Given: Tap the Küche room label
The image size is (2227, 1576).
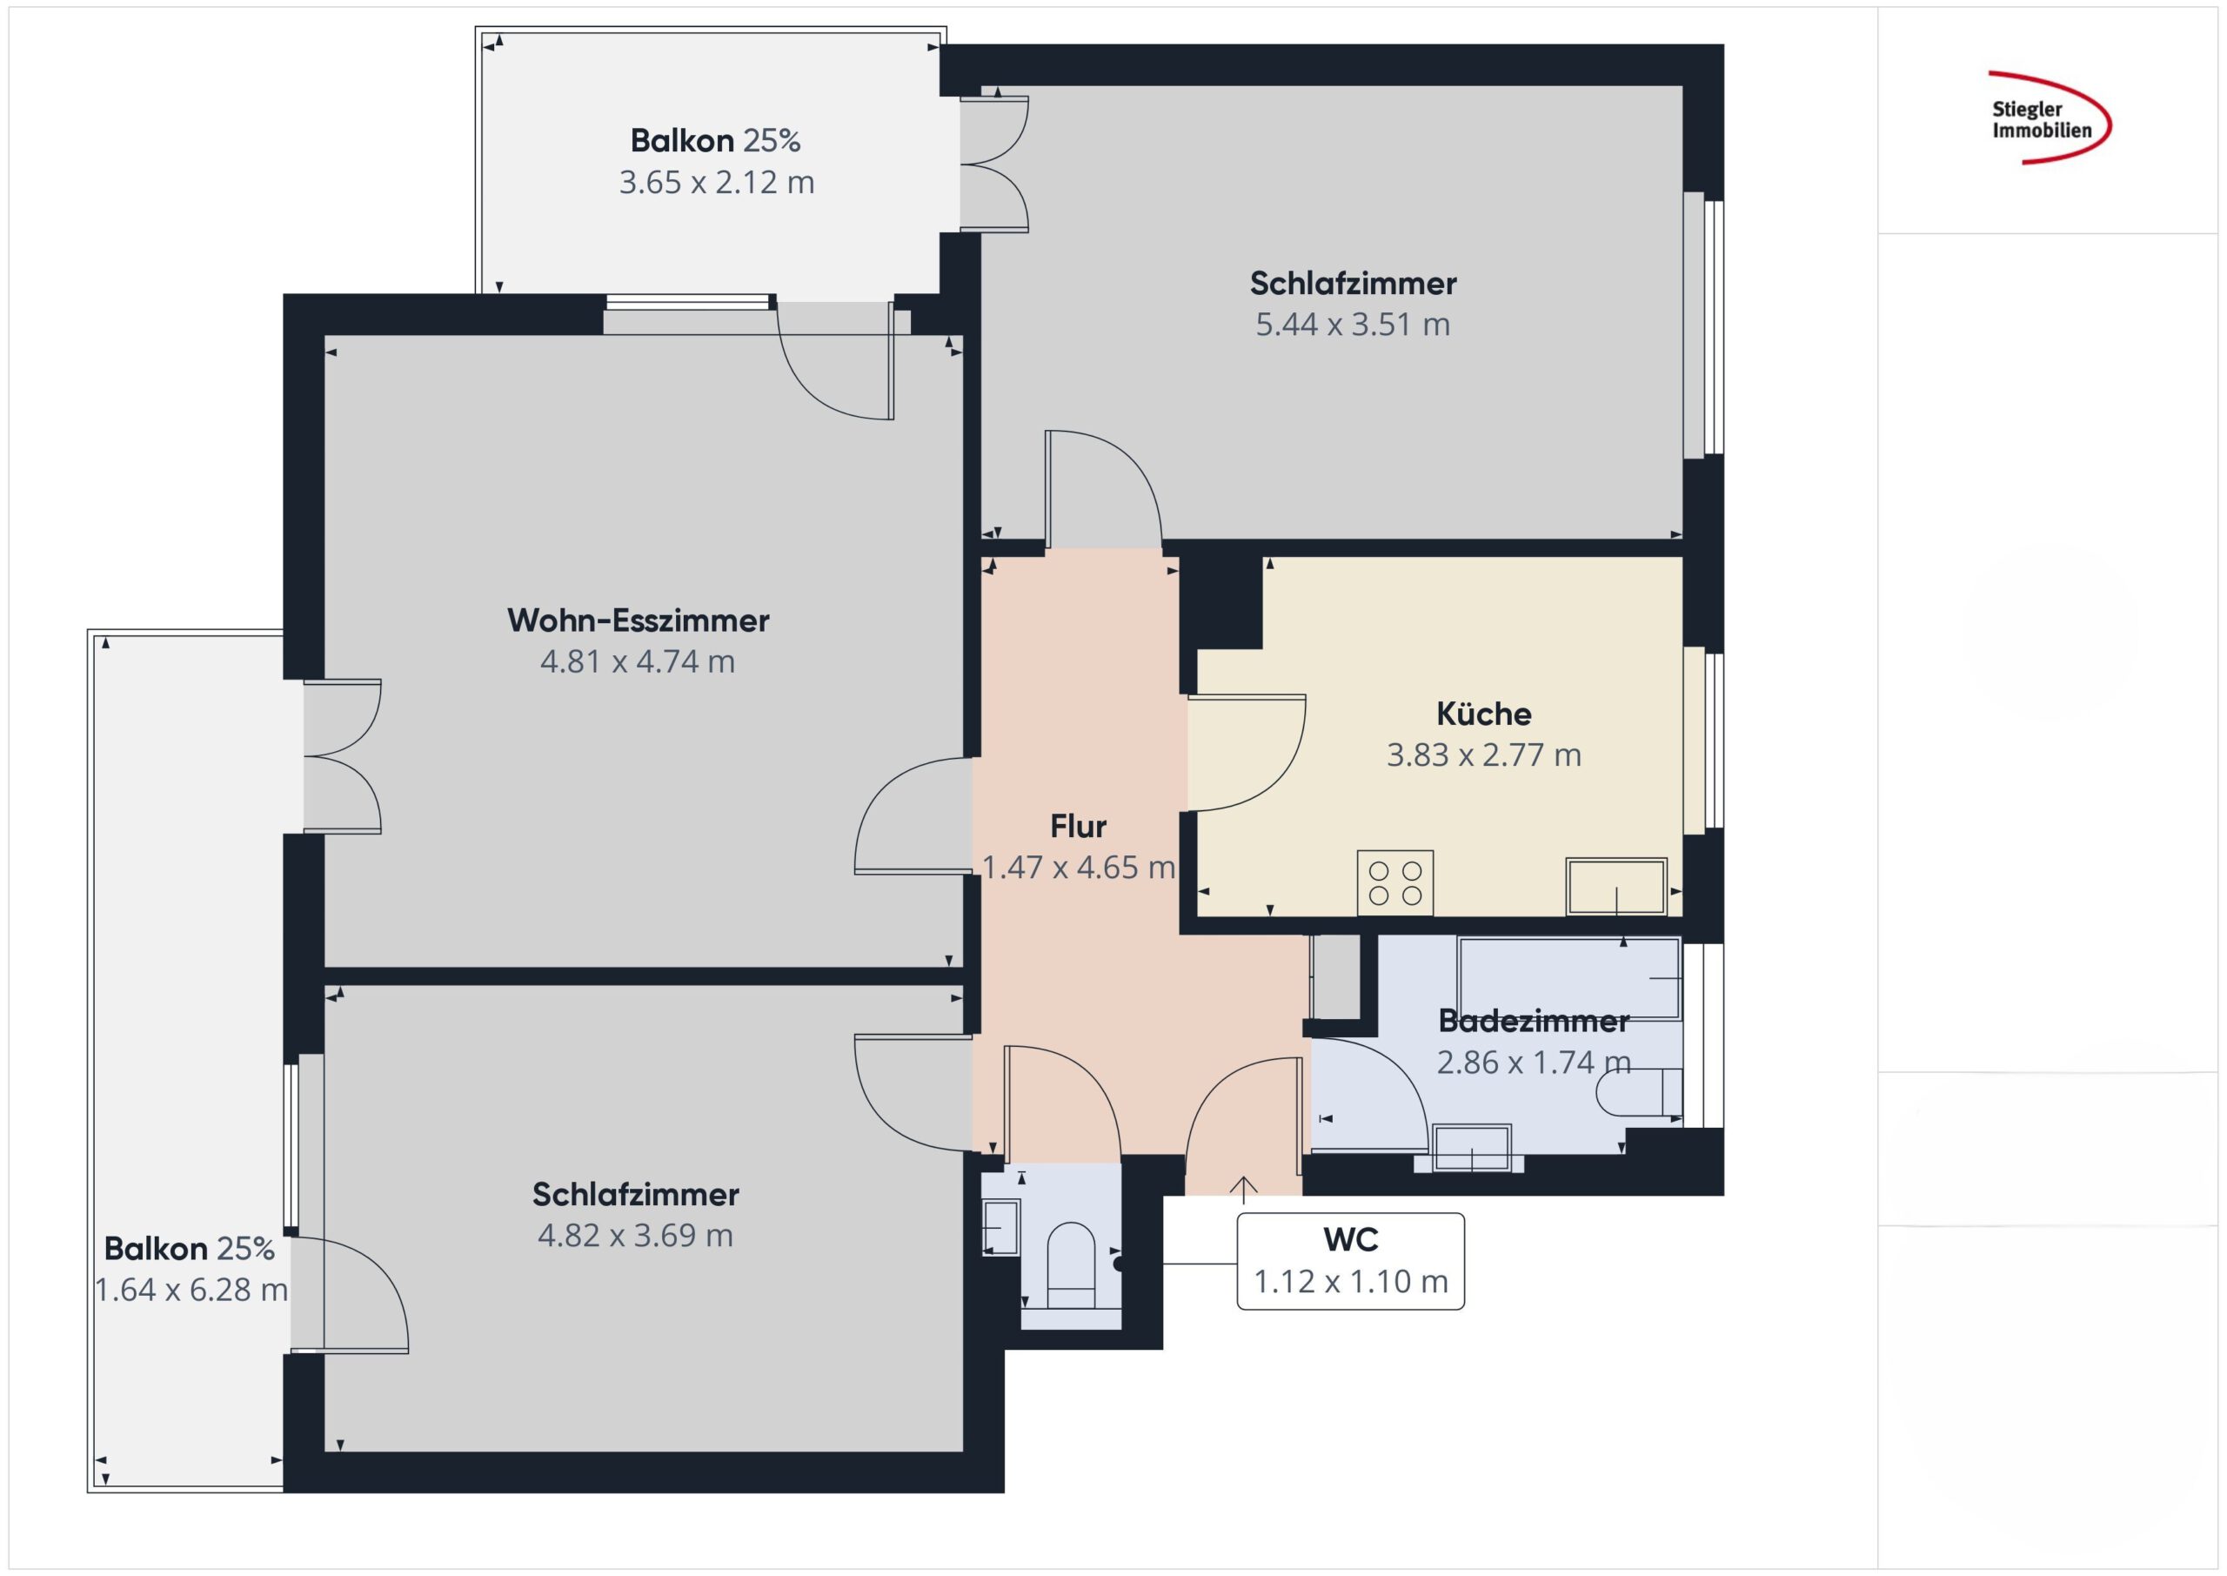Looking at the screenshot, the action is click(1483, 714).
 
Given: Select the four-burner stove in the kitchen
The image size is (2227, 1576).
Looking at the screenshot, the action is click(1394, 882).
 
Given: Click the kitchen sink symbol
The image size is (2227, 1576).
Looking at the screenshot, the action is click(1616, 886).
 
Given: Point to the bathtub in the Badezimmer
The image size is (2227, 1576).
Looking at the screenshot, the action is click(1568, 978).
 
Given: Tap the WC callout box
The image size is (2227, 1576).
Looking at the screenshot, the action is click(1350, 1261).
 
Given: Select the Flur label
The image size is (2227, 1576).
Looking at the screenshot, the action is click(1078, 827).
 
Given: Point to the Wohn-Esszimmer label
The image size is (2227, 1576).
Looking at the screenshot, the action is click(639, 620).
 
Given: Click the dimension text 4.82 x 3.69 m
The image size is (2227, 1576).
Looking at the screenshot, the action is click(635, 1236).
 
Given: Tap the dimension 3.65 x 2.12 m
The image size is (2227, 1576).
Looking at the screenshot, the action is click(717, 183).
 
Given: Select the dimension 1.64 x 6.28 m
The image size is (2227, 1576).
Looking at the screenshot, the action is click(191, 1290).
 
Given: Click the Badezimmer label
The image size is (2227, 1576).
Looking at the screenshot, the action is click(1534, 1021).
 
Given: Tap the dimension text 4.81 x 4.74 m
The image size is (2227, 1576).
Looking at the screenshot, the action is click(638, 662).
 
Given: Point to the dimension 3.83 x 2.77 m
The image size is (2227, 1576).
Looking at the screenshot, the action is click(1483, 755).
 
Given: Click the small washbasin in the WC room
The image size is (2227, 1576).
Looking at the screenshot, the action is click(1001, 1228).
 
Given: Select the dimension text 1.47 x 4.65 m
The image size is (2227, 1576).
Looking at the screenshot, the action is click(1078, 868).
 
